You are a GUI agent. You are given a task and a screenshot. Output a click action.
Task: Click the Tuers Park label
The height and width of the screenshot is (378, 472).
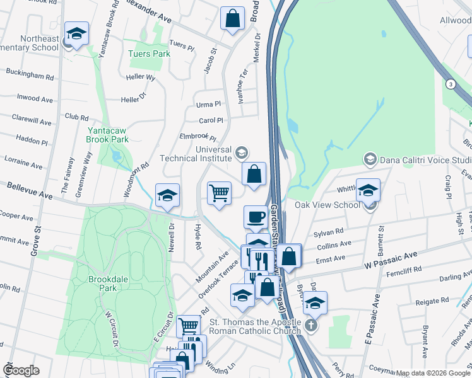click(x=149, y=54)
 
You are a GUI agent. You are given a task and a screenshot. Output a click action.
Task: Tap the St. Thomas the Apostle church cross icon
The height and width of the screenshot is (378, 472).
click(x=310, y=326)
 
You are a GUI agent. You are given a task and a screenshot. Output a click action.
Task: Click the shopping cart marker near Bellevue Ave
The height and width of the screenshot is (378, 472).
click(x=219, y=193)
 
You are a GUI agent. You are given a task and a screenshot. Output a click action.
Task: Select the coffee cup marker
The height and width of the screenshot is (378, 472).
click(x=256, y=217)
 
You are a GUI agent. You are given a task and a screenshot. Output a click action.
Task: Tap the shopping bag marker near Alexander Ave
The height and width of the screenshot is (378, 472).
click(x=232, y=18)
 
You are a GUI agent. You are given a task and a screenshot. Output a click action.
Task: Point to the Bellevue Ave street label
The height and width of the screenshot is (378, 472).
click(x=30, y=188)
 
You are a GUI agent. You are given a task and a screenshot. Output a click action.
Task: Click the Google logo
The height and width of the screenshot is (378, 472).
click(x=21, y=370)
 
